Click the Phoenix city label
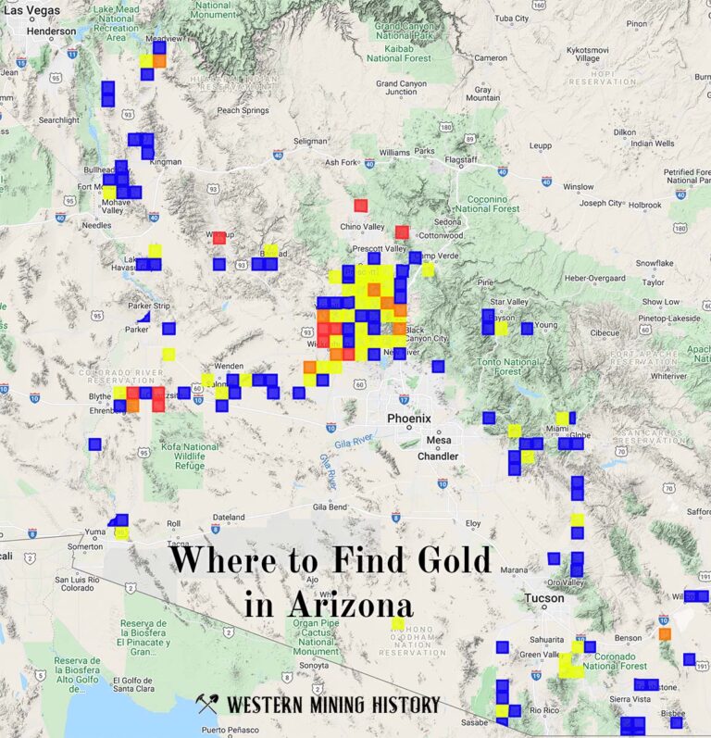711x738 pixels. [x=409, y=419]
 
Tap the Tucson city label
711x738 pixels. [x=543, y=598]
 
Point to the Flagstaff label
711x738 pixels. [x=461, y=159]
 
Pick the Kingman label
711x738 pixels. [x=166, y=162]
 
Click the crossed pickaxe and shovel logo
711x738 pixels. [x=207, y=705]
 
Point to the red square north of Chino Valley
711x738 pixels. [x=361, y=206]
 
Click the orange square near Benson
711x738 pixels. [x=665, y=633]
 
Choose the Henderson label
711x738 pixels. [x=52, y=31]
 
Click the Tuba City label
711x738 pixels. [x=511, y=18]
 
